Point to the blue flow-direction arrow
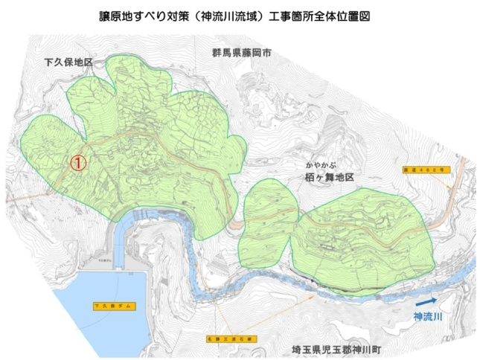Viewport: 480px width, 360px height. (x=427, y=302)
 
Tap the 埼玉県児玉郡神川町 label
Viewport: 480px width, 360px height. (x=341, y=348)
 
